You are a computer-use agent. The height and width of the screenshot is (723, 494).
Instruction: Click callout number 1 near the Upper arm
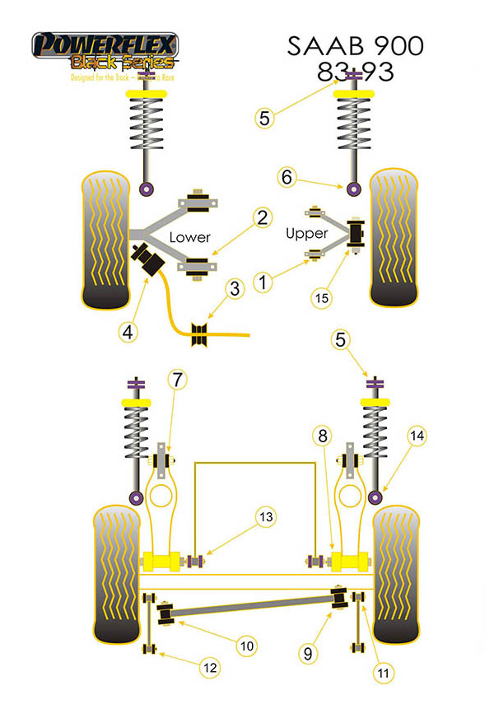tap(263, 283)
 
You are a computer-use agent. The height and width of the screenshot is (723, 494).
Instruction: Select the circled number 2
tap(262, 218)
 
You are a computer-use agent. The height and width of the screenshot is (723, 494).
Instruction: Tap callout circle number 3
tap(235, 289)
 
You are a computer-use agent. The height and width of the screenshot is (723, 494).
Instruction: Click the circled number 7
tap(176, 380)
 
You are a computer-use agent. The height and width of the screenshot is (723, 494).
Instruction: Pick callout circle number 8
tap(323, 435)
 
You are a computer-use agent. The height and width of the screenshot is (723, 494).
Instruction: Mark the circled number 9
tap(307, 654)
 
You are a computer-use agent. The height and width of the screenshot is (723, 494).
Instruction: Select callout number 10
tap(247, 646)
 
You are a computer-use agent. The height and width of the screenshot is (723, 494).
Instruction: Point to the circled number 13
tap(264, 517)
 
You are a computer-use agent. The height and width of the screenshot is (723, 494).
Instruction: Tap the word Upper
tap(306, 234)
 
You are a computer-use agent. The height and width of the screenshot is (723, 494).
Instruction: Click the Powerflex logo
tap(105, 51)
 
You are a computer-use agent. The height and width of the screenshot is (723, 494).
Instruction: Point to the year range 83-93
tap(356, 72)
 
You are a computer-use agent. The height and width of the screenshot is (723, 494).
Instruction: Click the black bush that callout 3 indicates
tap(199, 334)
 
